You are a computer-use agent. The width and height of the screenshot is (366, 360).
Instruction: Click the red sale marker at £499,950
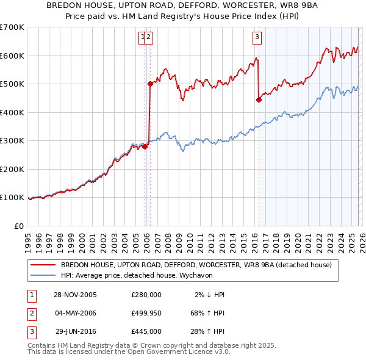click(x=150, y=84)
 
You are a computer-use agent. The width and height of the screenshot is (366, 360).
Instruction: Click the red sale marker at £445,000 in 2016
click(x=259, y=100)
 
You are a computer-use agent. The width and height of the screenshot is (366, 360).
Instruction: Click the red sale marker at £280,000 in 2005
click(x=145, y=146)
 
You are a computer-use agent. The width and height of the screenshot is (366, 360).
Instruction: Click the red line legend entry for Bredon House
click(x=196, y=265)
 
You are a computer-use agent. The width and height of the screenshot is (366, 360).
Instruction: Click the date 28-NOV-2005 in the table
click(x=75, y=295)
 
